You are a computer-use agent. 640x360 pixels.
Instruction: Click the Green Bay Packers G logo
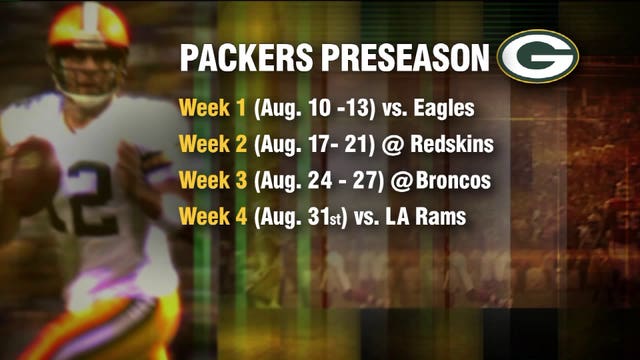(539, 55)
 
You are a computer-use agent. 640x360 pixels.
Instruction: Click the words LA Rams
(429, 217)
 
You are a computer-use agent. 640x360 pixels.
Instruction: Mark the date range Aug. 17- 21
(307, 146)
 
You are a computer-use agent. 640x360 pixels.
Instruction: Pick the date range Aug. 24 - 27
(311, 182)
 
